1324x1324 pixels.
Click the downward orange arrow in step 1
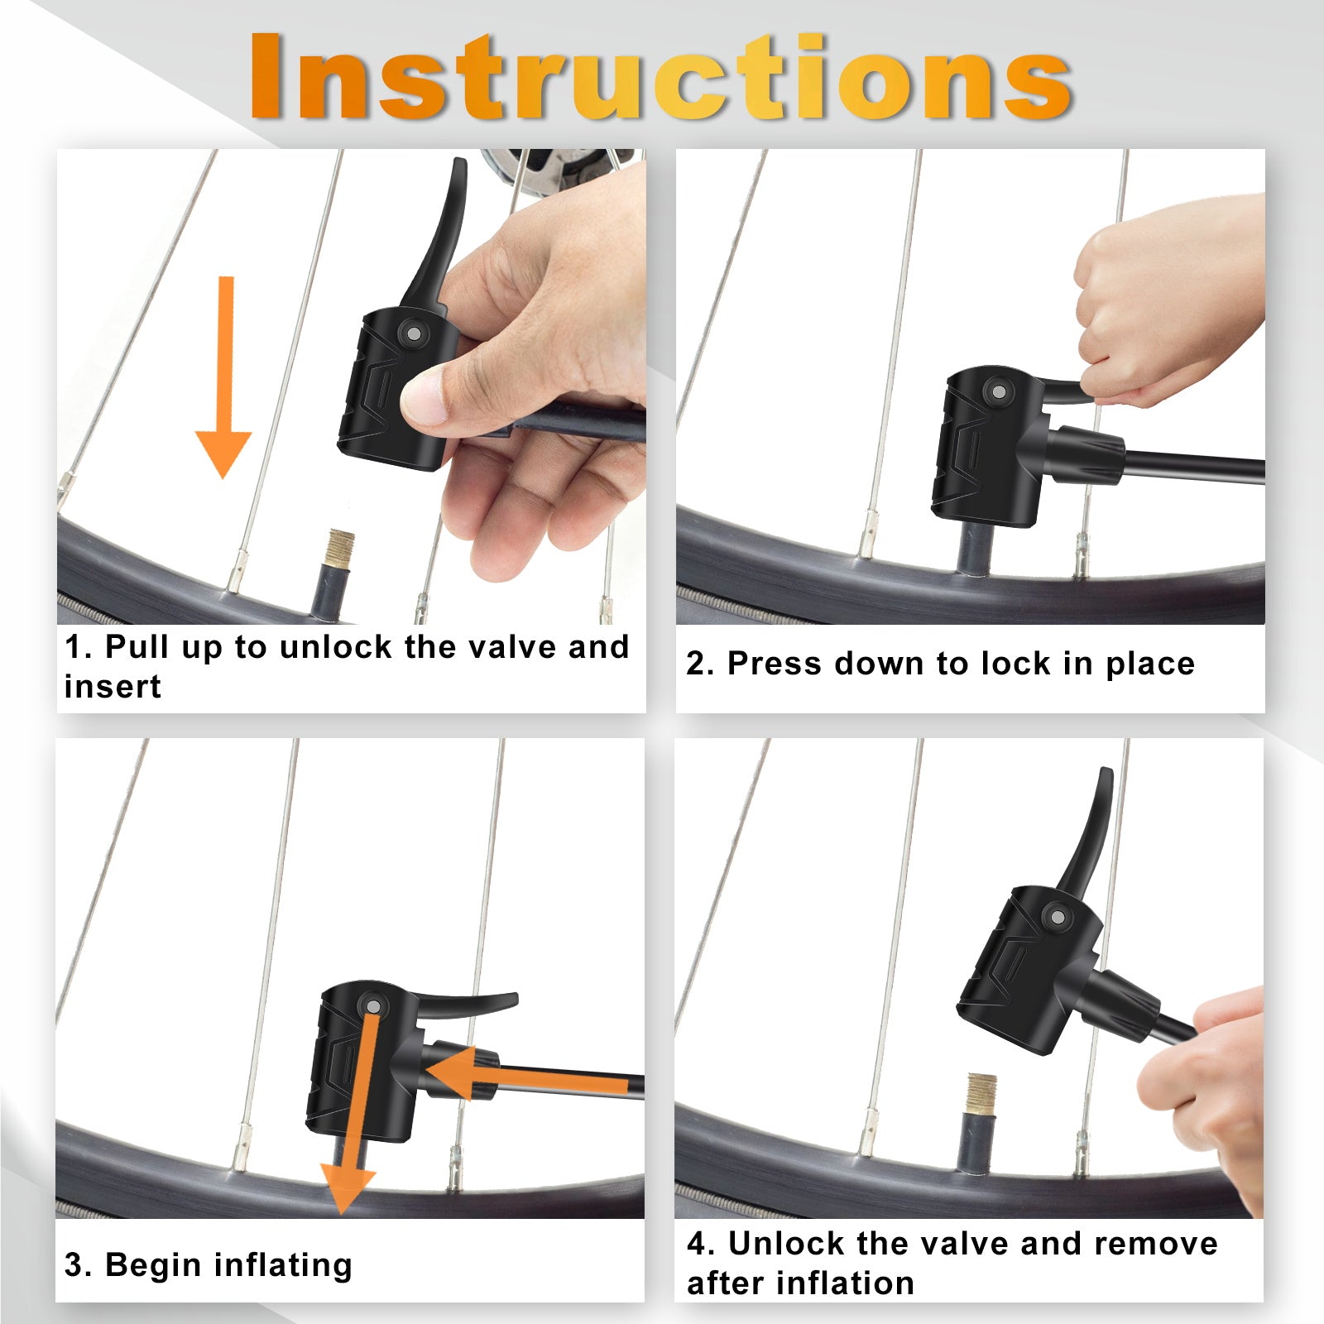223,377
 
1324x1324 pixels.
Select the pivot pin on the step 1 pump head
413,334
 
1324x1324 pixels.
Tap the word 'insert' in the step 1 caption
113,687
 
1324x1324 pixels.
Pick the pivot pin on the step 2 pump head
999,391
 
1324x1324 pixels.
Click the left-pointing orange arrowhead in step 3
451,1073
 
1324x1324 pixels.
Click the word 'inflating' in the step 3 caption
283,1266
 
